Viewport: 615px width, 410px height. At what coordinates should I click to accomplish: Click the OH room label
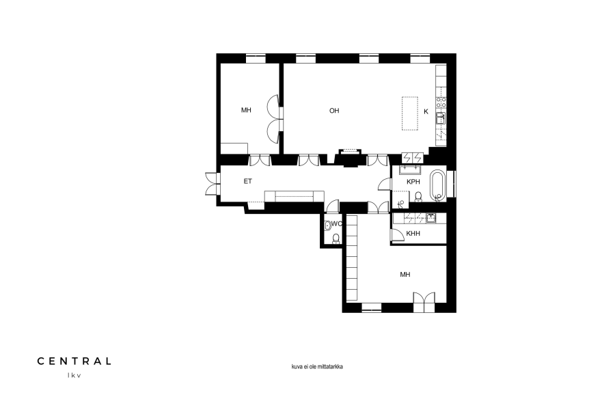(x=334, y=111)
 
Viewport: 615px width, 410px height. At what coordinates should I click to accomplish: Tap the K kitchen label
(x=426, y=111)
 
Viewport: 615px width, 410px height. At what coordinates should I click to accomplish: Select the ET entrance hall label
(x=248, y=181)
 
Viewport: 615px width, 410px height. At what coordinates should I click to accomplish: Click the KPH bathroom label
(x=413, y=182)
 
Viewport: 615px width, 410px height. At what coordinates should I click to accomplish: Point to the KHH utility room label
(x=413, y=234)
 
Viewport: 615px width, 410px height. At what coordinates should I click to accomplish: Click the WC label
(x=336, y=223)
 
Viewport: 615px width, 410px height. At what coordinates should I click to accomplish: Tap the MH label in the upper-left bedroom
(x=246, y=110)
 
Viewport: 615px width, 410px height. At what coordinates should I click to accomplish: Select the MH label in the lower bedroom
(x=405, y=275)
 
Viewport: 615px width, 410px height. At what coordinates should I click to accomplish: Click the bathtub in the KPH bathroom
(x=438, y=185)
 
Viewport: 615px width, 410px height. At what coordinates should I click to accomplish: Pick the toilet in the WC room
(x=336, y=238)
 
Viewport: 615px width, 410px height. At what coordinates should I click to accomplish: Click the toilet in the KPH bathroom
(x=418, y=197)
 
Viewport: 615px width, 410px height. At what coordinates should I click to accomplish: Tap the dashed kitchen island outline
(x=410, y=113)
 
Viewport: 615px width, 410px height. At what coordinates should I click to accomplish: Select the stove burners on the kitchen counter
(x=441, y=102)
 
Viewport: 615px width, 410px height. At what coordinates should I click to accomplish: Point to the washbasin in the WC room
(x=328, y=225)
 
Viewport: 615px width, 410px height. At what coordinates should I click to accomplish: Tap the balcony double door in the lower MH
(x=424, y=302)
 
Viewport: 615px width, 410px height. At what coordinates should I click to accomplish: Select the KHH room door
(x=397, y=234)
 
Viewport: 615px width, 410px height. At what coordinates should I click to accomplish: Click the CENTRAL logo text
(x=74, y=361)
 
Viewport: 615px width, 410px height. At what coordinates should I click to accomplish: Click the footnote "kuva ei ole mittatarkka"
(x=317, y=367)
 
